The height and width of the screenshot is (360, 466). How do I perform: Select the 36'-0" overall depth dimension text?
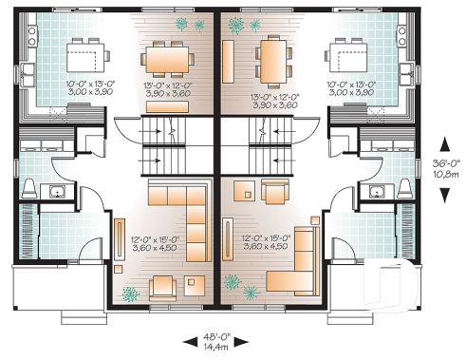point(443,163)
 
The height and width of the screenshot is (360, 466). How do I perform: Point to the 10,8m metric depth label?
point(443,176)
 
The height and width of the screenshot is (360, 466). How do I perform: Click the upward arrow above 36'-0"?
point(443,147)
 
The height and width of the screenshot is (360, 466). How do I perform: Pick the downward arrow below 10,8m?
point(443,193)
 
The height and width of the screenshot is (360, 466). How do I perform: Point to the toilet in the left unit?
point(28,187)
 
